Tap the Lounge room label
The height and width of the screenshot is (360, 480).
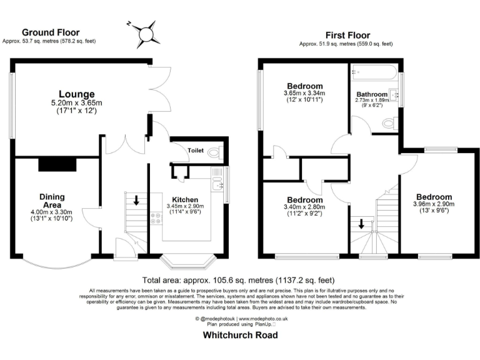coord(77,94)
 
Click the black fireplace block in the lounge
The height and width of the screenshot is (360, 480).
coord(57,164)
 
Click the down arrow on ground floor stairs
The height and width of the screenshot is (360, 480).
coord(137,201)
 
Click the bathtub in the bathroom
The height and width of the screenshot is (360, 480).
coord(374,74)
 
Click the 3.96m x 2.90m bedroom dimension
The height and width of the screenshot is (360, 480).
coord(434,204)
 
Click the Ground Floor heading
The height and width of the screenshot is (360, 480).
coord(49,32)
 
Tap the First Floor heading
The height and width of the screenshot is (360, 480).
coord(347,35)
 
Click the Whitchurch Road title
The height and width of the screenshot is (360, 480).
coord(239,335)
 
